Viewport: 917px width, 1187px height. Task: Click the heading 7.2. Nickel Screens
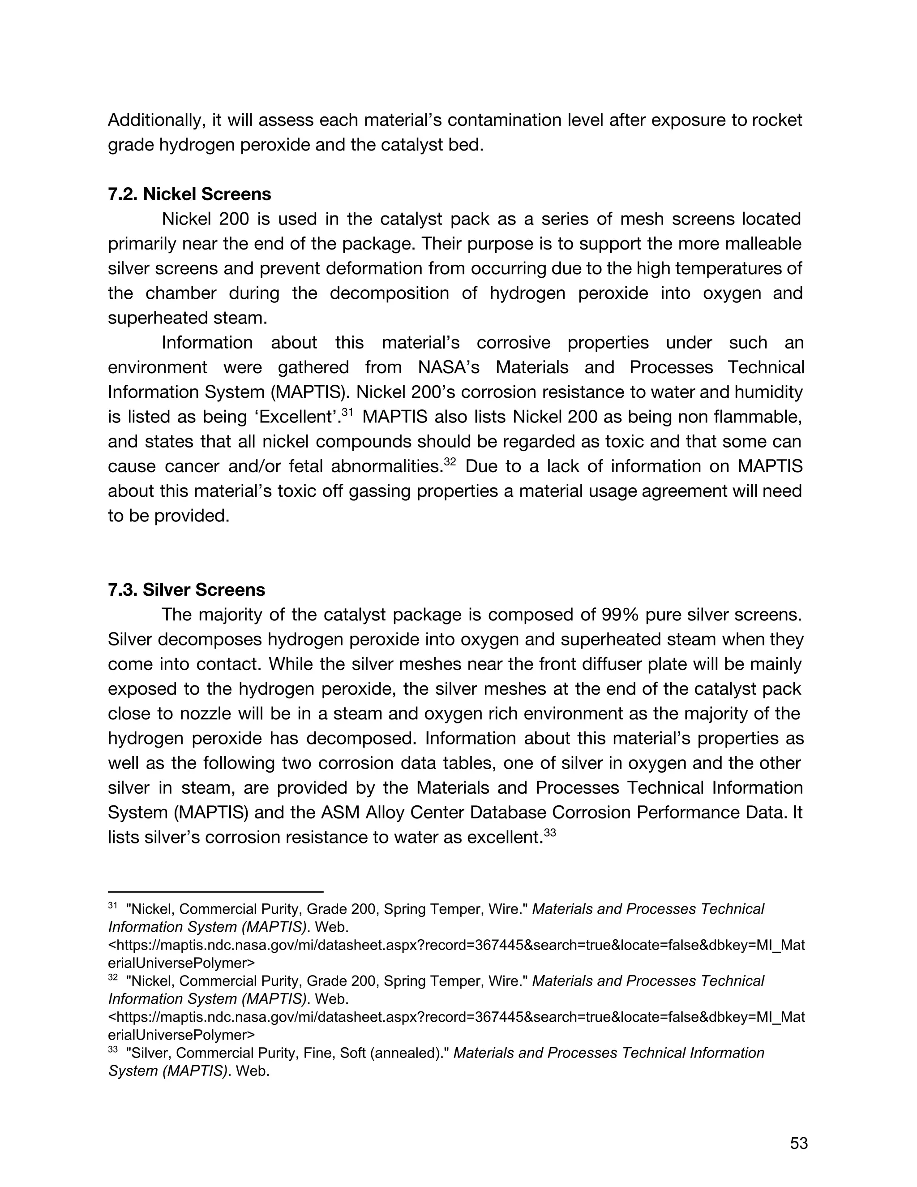189,194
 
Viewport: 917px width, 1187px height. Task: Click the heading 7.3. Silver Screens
186,590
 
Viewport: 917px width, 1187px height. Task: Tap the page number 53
799,1144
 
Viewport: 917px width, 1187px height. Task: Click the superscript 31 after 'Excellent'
347,413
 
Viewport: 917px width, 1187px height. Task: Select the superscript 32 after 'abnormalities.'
450,462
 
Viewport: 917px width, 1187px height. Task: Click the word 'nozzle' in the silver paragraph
176,714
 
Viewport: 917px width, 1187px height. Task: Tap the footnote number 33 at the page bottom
113,1050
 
